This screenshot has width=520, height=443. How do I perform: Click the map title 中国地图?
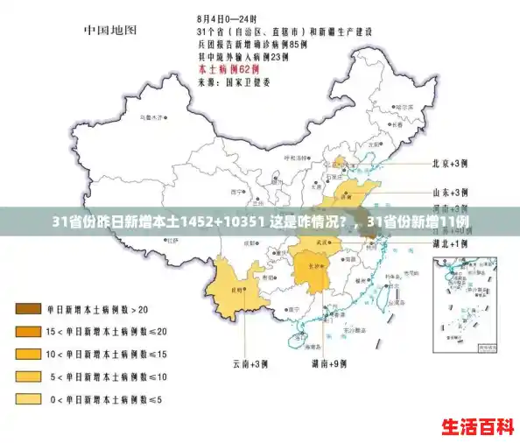[110, 30]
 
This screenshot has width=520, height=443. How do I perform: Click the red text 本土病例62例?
[230, 67]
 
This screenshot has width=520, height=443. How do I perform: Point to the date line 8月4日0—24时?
[227, 18]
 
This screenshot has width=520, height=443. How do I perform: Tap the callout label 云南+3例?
[248, 362]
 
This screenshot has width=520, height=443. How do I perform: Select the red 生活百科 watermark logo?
[477, 427]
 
